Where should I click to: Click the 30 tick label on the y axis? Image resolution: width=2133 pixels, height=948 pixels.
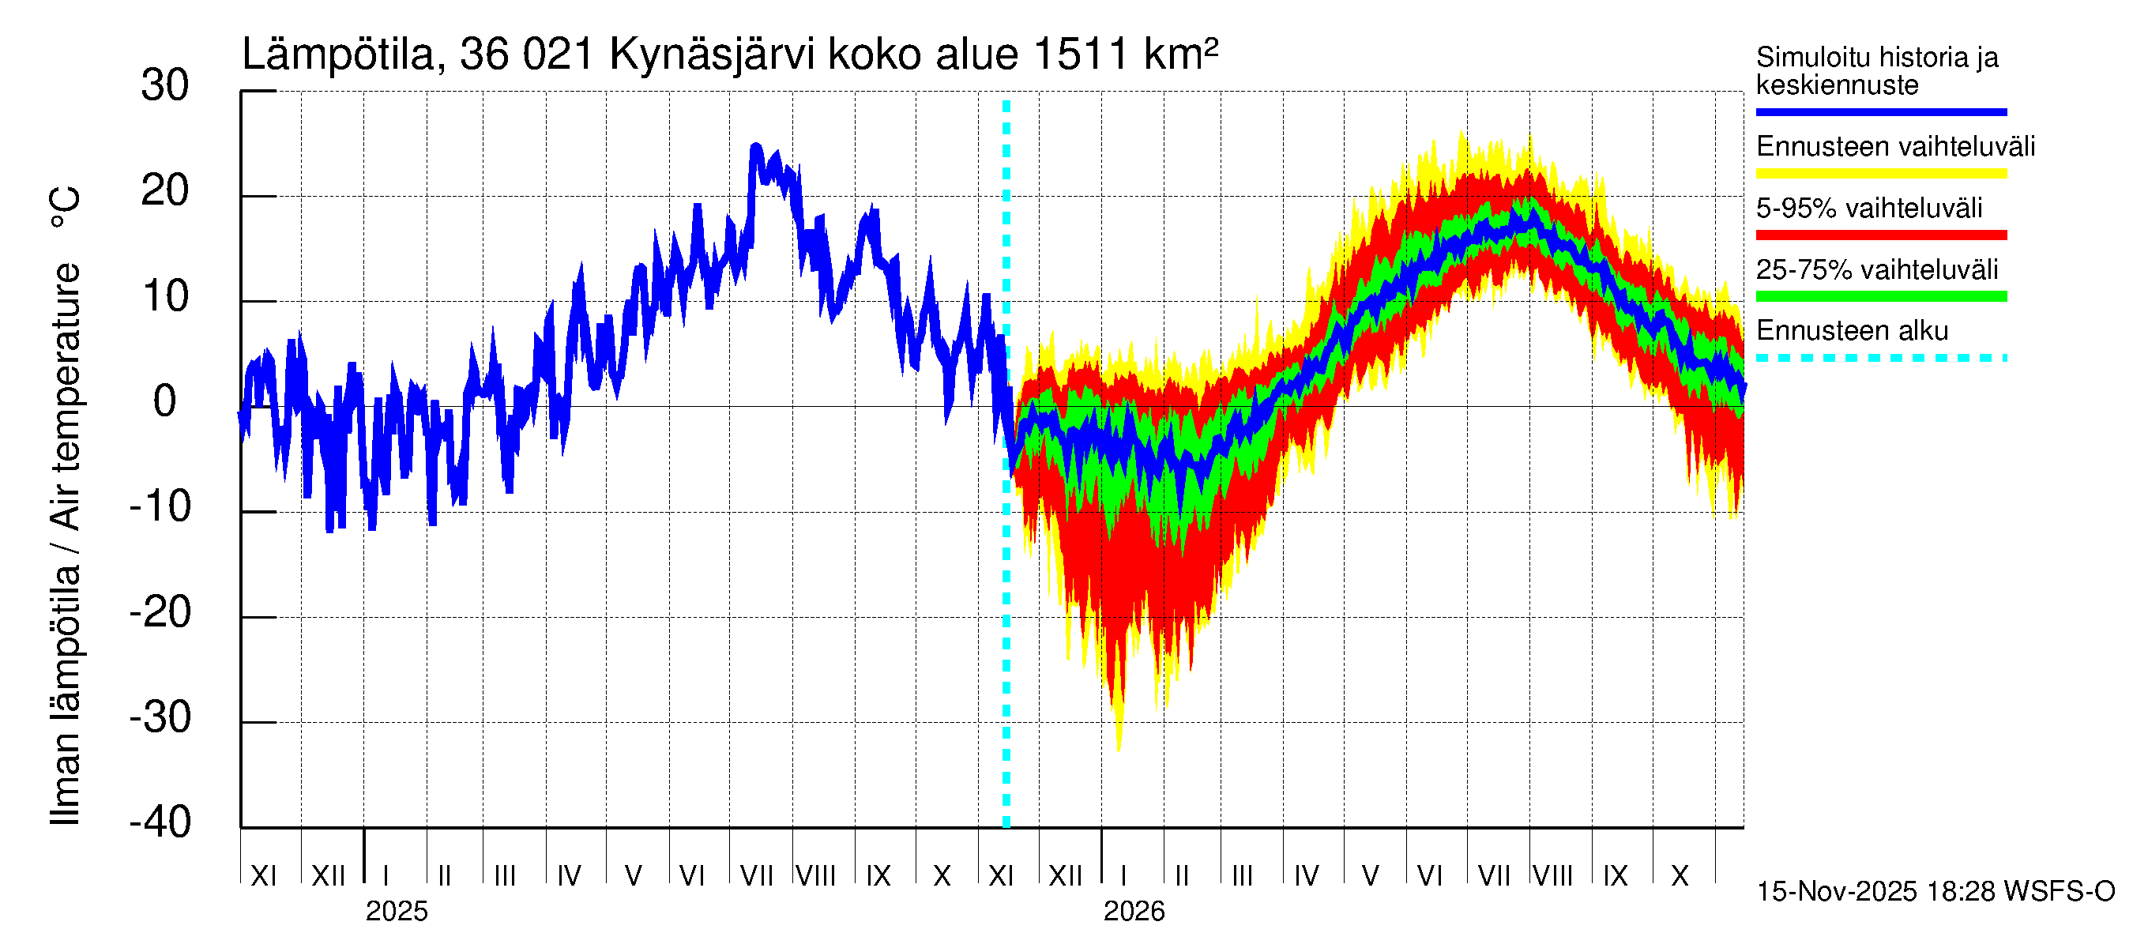pos(165,86)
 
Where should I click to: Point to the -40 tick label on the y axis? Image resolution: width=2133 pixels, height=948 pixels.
pos(160,822)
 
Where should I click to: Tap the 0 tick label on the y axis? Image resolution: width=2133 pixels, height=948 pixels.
pos(165,401)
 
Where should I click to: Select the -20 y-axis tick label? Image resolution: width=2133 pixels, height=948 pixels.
pos(160,613)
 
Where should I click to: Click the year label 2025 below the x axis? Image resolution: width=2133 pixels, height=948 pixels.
pos(397,912)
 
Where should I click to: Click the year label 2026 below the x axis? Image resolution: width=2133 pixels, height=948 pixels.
pos(1134,912)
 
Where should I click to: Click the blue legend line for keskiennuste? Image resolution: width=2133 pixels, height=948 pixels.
pos(1880,111)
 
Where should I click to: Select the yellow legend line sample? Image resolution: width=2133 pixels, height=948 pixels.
pos(1880,174)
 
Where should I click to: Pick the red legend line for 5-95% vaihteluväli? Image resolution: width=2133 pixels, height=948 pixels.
pos(1880,235)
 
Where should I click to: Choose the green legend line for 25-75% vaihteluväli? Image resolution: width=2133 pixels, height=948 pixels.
pos(1880,296)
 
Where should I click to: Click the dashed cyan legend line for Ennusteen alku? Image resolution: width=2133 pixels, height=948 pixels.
pos(1880,359)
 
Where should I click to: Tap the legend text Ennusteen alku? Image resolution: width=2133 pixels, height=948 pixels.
pos(1852,331)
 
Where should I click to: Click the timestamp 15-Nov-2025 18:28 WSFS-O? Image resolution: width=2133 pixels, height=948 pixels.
pos(1935,892)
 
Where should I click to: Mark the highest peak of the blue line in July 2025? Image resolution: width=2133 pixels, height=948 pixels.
pos(755,147)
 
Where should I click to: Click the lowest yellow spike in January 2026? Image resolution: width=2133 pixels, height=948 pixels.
pos(1119,747)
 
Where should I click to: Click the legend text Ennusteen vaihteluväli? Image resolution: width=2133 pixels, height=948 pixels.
pos(1894,147)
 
